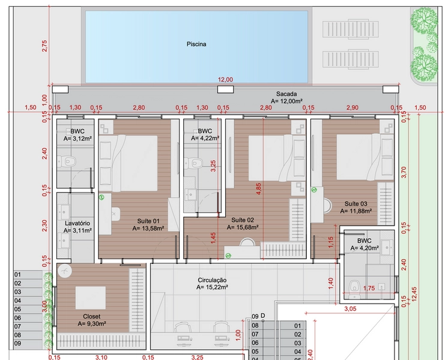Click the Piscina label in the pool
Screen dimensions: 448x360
(196, 44)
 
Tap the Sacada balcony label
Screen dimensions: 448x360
(286, 94)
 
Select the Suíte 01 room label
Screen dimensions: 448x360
(148, 221)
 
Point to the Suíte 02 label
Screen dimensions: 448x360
(243, 220)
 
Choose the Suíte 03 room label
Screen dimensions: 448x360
(356, 203)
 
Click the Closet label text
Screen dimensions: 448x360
(92, 316)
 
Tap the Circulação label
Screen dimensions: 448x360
(212, 280)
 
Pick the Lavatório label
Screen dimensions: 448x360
(77, 223)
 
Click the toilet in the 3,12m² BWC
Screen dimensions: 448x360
(67, 162)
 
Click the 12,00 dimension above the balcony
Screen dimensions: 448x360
(225, 80)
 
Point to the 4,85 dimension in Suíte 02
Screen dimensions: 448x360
(259, 189)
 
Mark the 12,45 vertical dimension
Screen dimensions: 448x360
(414, 294)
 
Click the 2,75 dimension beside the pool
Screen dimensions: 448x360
(44, 46)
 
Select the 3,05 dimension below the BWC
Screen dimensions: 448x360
(350, 308)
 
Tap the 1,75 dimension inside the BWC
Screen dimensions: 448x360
(369, 289)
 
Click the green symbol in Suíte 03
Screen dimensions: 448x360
(314, 190)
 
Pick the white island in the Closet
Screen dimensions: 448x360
(91, 298)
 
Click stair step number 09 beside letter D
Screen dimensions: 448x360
(255, 316)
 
